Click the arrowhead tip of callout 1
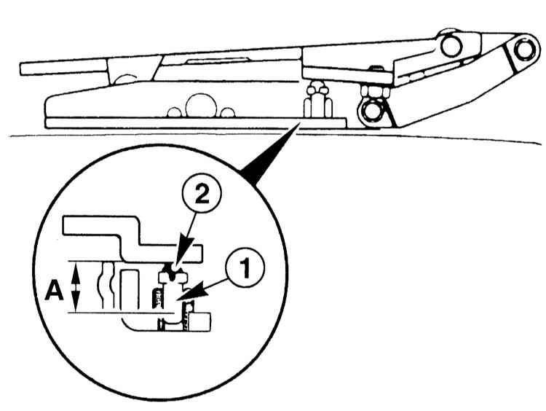click(185, 299)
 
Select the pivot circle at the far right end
click(523, 50)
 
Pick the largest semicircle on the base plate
click(199, 106)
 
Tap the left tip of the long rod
click(23, 69)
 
